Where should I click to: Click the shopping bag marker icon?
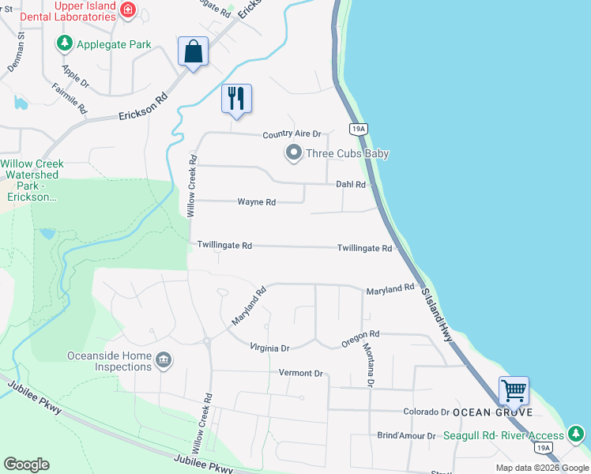[x=194, y=52]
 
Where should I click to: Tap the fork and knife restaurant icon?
[x=236, y=99]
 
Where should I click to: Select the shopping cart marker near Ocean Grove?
[x=514, y=390]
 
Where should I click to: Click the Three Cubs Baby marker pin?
[x=293, y=153]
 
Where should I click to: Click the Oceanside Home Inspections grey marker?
[x=164, y=361]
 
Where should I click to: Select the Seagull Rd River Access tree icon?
[x=576, y=434]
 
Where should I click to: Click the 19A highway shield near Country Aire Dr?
[x=358, y=129]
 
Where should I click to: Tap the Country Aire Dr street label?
[x=292, y=135]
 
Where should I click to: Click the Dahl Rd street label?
[x=351, y=185]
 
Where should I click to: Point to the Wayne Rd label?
[x=257, y=202]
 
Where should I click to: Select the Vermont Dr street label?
[x=301, y=373]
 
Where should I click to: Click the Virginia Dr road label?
[x=270, y=348]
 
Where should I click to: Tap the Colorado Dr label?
[x=426, y=412]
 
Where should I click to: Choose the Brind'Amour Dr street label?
[x=406, y=435]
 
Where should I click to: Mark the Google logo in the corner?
[x=26, y=465]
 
